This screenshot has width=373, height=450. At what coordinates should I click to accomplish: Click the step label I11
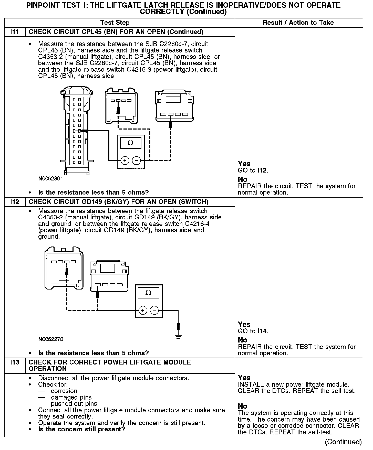[x=15, y=32]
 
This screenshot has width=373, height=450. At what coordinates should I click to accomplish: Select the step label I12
[x=15, y=202]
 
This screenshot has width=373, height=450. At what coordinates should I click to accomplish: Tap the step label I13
[x=15, y=362]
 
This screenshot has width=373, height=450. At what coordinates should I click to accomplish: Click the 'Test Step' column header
[x=115, y=23]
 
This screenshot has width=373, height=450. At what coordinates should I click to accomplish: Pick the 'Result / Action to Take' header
[x=298, y=23]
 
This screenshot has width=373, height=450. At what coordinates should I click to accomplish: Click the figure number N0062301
[x=50, y=179]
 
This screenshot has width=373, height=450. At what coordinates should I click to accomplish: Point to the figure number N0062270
[x=50, y=339]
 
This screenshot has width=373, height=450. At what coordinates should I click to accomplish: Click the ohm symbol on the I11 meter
[x=130, y=143]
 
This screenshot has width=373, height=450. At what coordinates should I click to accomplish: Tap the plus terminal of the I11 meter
[x=125, y=161]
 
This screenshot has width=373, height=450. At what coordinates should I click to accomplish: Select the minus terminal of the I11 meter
[x=136, y=161]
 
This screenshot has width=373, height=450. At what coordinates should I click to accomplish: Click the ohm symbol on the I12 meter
[x=148, y=293]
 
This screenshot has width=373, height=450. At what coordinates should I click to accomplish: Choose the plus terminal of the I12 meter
[x=143, y=310]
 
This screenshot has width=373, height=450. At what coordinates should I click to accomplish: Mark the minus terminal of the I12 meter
[x=154, y=310]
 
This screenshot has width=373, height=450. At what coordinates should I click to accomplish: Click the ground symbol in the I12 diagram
[x=178, y=336]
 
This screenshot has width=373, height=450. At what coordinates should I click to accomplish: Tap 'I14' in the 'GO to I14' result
[x=263, y=331]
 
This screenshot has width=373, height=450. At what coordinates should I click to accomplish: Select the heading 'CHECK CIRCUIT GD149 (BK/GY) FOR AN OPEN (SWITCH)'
[x=118, y=202]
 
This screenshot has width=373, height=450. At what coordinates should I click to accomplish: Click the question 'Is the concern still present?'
[x=81, y=429]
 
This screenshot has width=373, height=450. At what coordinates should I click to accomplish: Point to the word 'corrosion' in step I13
[x=64, y=391]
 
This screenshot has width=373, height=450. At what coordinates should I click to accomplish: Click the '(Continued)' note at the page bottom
[x=343, y=442]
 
